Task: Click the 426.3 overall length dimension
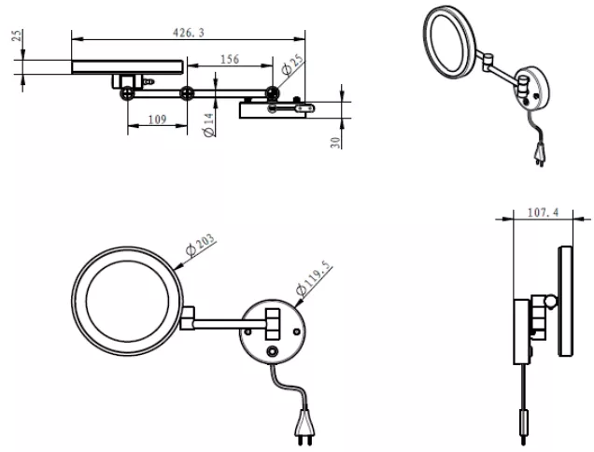[189, 33]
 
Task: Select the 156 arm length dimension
[230, 60]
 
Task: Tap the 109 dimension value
[157, 120]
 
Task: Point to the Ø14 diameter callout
[208, 124]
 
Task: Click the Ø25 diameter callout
[292, 64]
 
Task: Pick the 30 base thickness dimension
[335, 143]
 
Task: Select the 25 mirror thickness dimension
[18, 35]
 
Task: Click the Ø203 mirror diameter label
[201, 245]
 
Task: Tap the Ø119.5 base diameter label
[313, 277]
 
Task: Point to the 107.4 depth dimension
[543, 213]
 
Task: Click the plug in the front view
[304, 426]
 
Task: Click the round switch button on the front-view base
[272, 351]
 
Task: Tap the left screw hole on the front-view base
[248, 332]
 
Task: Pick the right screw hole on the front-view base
[297, 332]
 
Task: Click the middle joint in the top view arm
[187, 92]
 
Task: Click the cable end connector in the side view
[524, 421]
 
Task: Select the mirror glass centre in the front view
[127, 302]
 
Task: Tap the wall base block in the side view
[522, 332]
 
